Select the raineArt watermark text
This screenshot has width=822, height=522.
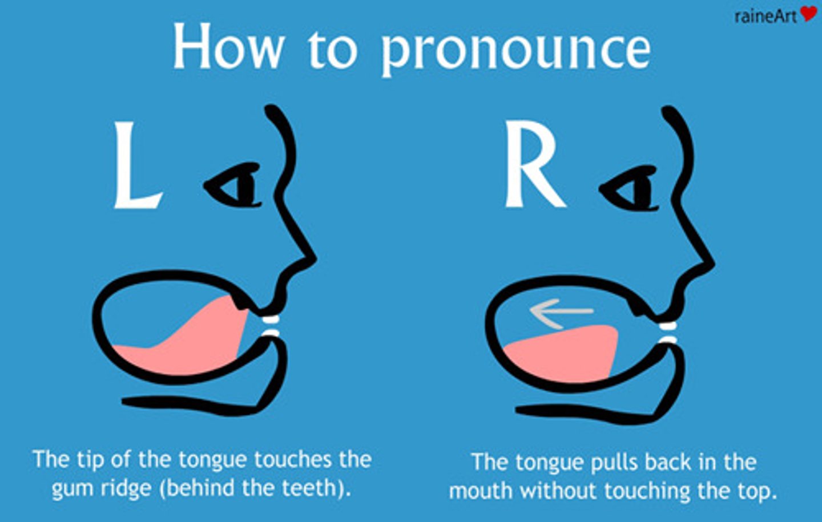coord(765,16)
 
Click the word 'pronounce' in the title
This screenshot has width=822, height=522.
coord(515,50)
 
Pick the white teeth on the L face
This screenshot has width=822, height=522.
coord(270,326)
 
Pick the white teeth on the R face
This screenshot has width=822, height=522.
coord(667,333)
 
